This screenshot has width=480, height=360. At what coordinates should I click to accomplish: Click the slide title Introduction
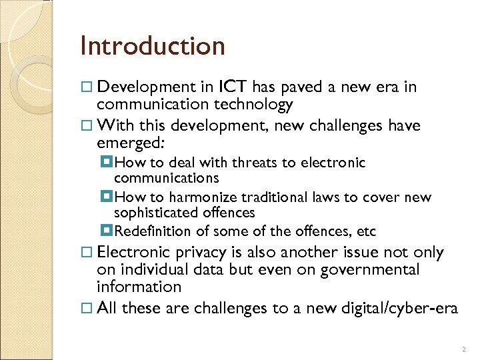(152, 46)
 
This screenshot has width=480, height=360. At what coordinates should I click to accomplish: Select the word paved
(304, 87)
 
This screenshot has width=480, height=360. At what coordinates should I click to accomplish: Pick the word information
(139, 287)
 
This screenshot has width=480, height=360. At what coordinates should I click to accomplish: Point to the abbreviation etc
(367, 231)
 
